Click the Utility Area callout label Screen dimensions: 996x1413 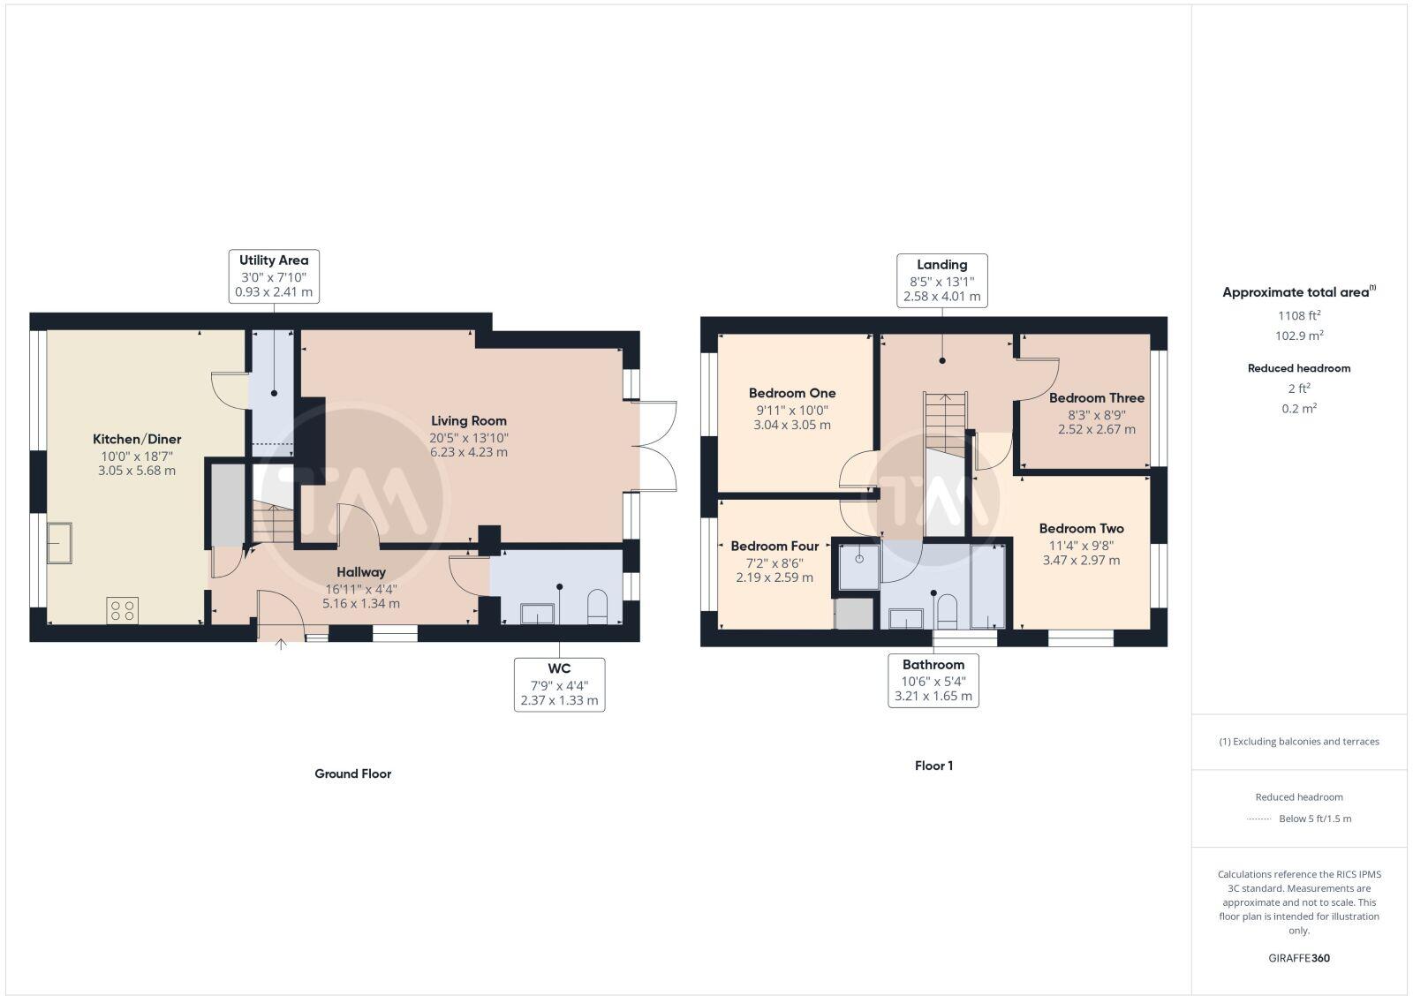pos(274,260)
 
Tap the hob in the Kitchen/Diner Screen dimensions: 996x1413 pos(122,610)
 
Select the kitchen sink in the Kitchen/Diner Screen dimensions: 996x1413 pos(60,542)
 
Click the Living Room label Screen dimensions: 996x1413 pos(468,420)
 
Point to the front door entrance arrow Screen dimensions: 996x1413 pos(281,645)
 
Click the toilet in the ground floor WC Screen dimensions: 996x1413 pos(598,607)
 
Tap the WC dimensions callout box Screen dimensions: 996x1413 pos(559,684)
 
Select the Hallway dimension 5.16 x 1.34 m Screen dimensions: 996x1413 pos(360,604)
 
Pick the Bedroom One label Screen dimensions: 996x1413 pos(791,393)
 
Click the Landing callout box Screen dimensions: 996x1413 pos(941,280)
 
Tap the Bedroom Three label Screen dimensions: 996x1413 pos(1096,397)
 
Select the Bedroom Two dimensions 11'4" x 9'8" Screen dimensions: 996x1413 pos(1081,545)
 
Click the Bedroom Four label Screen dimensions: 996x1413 pos(775,546)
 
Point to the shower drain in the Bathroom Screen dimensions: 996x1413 pos(859,558)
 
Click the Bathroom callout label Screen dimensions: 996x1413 pos(933,665)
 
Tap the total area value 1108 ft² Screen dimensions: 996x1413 pos(1298,315)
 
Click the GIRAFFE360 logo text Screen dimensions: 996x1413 pos(1298,958)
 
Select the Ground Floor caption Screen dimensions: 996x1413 pos(352,773)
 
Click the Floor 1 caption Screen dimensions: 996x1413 pos(933,766)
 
